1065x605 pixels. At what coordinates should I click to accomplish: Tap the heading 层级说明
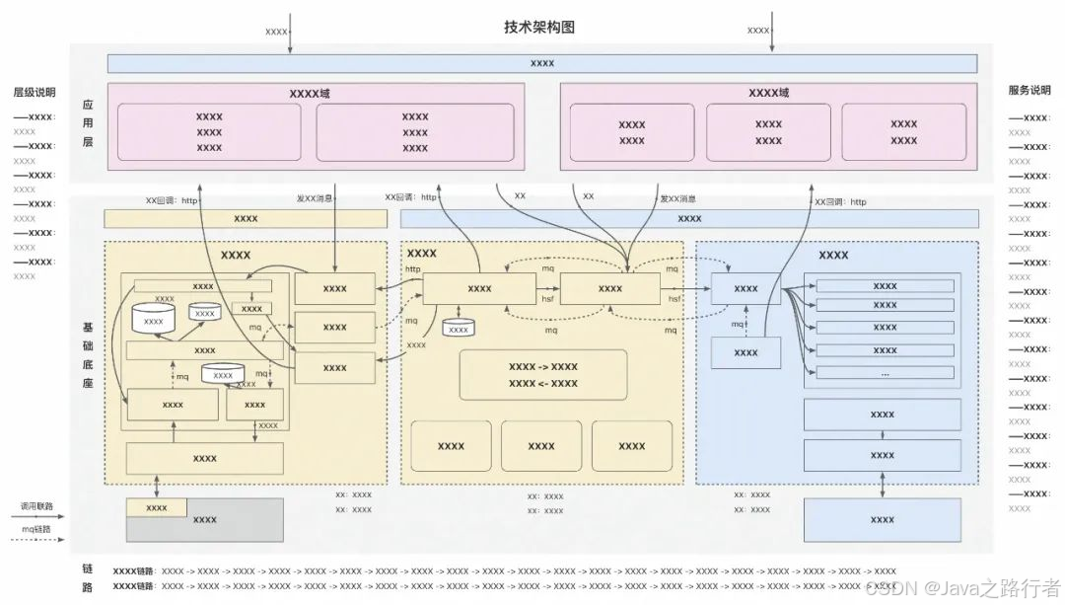point(34,92)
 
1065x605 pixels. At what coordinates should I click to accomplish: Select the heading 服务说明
point(1029,90)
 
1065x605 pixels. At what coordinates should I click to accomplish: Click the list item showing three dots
point(885,373)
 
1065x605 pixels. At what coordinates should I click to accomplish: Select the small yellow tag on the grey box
point(156,507)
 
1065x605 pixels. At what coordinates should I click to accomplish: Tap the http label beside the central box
point(412,269)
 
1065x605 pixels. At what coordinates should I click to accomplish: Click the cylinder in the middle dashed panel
point(458,328)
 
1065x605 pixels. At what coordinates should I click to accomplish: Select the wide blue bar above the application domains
point(541,63)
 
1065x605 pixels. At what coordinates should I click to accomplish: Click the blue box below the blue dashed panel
point(883,520)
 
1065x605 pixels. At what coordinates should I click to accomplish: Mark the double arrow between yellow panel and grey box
point(157,487)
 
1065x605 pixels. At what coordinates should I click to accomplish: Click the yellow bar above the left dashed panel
point(246,218)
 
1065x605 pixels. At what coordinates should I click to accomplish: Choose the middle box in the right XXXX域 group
point(768,132)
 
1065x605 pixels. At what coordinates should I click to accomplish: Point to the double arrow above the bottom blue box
point(883,486)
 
